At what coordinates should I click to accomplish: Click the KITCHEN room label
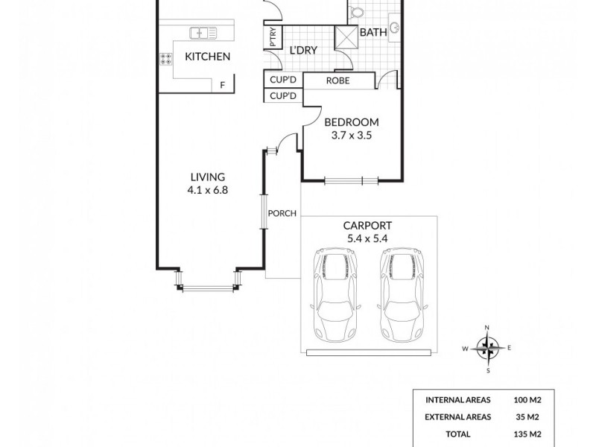coord(207,57)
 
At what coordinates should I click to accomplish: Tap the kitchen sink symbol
coord(203,32)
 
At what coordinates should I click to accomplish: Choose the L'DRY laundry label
coord(303,50)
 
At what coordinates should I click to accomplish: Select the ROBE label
coord(338,81)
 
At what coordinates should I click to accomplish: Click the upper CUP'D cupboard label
coord(283,81)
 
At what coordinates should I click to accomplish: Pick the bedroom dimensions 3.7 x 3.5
coord(352,136)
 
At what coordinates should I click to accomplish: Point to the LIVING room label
coord(207,177)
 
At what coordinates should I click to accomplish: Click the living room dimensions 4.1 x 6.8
coord(207,190)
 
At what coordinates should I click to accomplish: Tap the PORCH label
coord(283,214)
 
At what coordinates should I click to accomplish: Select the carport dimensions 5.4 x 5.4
coord(367,238)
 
